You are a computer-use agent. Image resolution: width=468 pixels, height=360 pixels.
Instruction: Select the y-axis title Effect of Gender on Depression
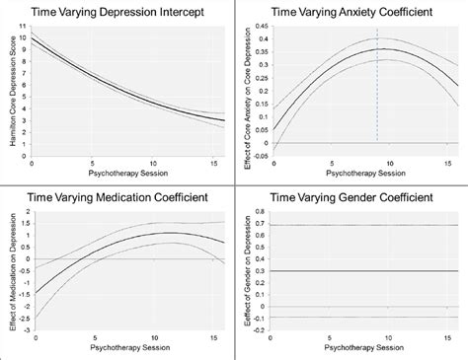(250, 270)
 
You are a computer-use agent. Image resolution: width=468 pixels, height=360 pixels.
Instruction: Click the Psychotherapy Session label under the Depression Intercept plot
(126, 172)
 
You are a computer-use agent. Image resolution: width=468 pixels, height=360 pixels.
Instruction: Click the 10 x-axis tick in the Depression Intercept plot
(151, 160)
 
